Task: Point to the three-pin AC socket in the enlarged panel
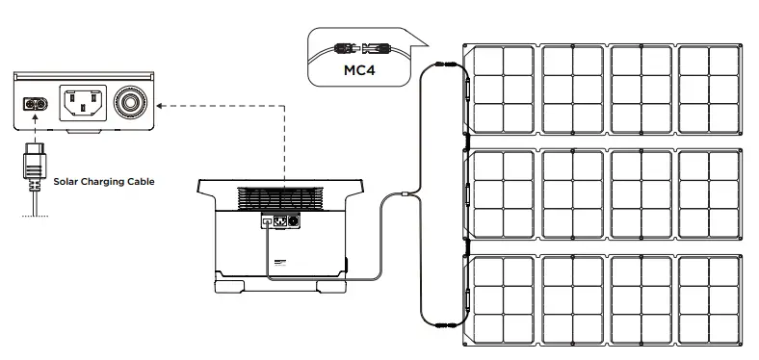click(x=83, y=101)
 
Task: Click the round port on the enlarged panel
click(x=127, y=101)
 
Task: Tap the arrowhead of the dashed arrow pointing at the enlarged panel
click(x=158, y=102)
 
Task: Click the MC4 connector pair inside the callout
click(x=362, y=47)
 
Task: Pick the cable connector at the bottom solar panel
click(x=446, y=325)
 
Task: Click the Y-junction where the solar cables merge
click(x=406, y=195)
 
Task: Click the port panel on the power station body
click(x=277, y=222)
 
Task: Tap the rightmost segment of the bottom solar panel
click(x=710, y=300)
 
